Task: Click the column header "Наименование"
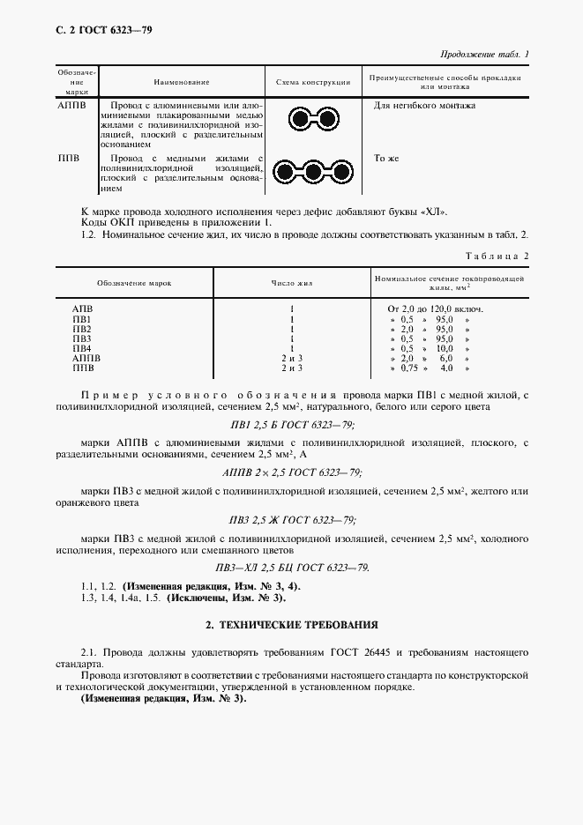(x=181, y=82)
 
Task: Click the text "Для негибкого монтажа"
(x=424, y=106)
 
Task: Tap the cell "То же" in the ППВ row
(x=387, y=159)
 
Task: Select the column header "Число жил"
(x=291, y=284)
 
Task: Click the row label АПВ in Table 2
(x=82, y=309)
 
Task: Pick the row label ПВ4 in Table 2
(x=82, y=349)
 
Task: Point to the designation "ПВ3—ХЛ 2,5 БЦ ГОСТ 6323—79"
(x=291, y=567)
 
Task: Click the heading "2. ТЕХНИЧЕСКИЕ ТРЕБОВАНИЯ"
(x=291, y=624)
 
